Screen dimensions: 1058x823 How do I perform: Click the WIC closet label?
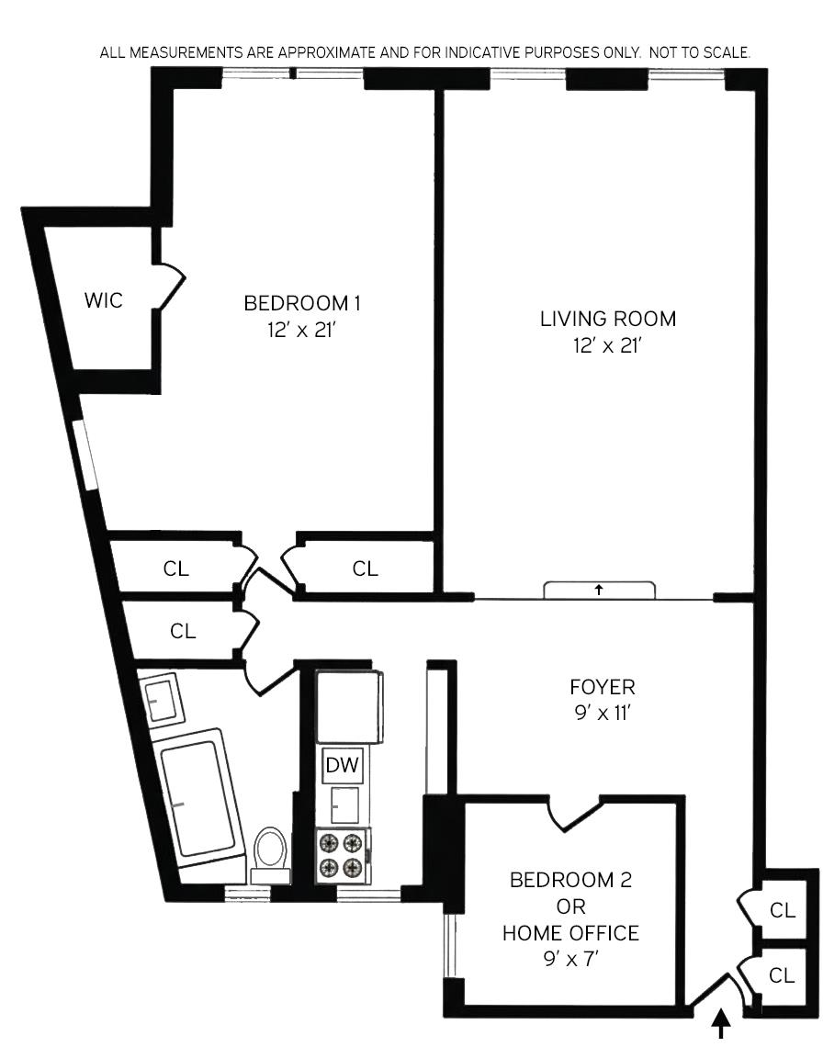[103, 300]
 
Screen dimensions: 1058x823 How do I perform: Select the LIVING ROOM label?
[607, 320]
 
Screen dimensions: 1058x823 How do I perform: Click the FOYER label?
[602, 687]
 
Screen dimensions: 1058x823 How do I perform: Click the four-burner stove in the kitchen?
[342, 856]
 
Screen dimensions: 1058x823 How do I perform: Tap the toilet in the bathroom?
[269, 850]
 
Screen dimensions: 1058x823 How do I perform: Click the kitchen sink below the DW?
[346, 805]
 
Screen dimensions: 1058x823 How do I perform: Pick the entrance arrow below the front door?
[722, 1023]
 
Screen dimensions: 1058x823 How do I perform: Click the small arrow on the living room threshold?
[599, 590]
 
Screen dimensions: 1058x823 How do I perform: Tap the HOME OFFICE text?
[570, 933]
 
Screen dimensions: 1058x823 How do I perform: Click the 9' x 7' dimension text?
[570, 959]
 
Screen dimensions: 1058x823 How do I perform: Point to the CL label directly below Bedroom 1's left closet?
[183, 631]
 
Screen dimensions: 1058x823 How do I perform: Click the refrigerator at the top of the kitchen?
[348, 705]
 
